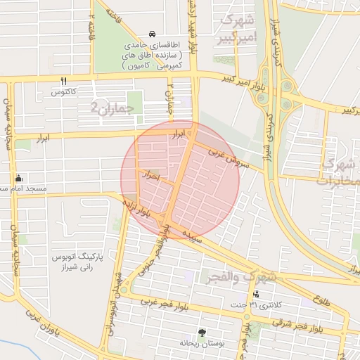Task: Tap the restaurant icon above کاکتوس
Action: pos(63,82)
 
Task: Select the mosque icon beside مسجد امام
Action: pos(18,178)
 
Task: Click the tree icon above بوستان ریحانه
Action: pos(202,332)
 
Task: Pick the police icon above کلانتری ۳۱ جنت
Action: pos(256,294)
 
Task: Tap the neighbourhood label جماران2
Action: pos(105,107)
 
